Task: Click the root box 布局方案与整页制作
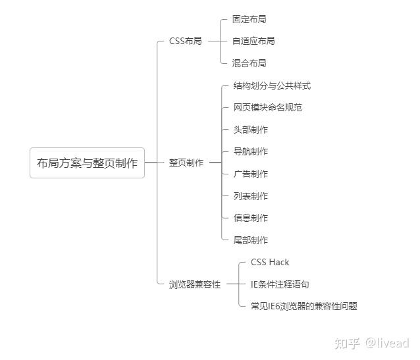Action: click(x=88, y=163)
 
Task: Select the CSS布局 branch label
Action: click(x=186, y=41)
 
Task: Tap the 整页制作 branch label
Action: click(x=186, y=163)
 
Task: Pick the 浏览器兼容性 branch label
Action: click(x=195, y=284)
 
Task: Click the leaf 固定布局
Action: click(x=249, y=19)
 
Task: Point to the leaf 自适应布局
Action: click(x=253, y=41)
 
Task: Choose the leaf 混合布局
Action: click(x=249, y=63)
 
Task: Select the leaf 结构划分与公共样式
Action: click(x=272, y=86)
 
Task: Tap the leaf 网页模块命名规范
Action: click(x=267, y=107)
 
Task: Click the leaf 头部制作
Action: click(x=250, y=130)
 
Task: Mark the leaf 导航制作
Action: click(x=250, y=151)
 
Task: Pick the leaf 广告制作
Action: click(x=250, y=174)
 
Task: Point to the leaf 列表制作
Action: click(x=250, y=196)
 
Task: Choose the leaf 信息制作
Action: click(x=250, y=218)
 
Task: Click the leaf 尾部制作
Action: click(x=250, y=240)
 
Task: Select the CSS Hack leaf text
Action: click(x=270, y=262)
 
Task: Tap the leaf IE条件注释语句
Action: click(x=280, y=284)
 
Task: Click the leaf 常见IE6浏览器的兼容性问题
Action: click(x=304, y=306)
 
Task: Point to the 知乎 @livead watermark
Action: click(x=372, y=343)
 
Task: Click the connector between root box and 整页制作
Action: click(x=154, y=163)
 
